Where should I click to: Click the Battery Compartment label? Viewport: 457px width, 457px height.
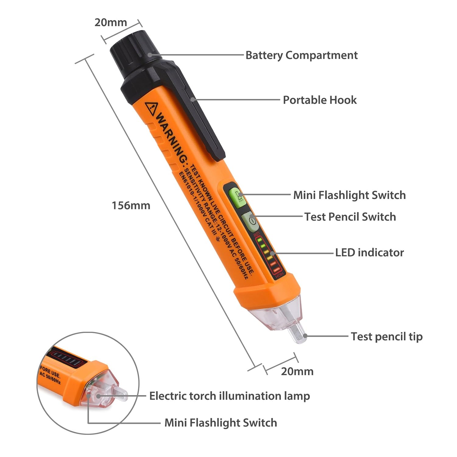301,55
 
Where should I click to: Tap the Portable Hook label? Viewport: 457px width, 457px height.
320,100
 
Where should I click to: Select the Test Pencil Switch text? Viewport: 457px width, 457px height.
350,217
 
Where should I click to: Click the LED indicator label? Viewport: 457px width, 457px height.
369,253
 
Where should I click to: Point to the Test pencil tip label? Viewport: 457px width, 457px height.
387,337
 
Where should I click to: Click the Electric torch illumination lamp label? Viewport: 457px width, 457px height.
229,396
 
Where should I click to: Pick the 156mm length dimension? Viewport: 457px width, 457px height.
131,206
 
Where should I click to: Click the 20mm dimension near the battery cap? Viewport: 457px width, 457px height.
111,23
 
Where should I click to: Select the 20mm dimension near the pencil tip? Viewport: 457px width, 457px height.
297,371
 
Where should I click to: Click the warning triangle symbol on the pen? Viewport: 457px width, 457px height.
151,108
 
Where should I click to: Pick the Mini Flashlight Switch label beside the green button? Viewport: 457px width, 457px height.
349,195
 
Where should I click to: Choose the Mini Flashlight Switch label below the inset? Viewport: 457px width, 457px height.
221,423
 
